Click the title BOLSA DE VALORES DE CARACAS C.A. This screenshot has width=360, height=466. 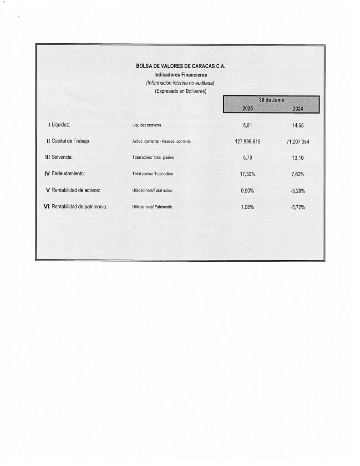[x=180, y=66]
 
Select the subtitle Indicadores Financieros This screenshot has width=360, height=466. [x=180, y=75]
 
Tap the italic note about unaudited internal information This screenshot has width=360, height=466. [x=180, y=83]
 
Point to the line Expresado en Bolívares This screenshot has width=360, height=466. [x=180, y=91]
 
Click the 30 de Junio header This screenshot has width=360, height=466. [x=271, y=100]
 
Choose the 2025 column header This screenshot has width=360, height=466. [x=247, y=108]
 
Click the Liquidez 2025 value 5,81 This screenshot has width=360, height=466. [x=247, y=124]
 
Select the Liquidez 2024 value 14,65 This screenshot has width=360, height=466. [x=298, y=124]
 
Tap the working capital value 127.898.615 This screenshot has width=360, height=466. [x=248, y=142]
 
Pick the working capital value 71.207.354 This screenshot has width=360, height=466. [x=298, y=142]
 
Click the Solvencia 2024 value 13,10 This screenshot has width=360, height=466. [x=298, y=158]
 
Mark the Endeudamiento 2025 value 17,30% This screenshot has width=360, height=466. [x=247, y=174]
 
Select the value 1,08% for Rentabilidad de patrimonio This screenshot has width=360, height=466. [x=247, y=207]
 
